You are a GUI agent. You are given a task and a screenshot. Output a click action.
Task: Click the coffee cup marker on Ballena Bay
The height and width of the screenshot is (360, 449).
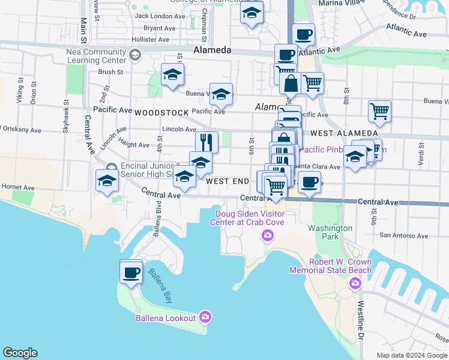(131, 272)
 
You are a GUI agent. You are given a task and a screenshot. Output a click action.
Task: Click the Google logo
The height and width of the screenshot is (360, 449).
(20, 353)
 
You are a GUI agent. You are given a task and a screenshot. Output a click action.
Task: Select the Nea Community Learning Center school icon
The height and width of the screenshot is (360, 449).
(134, 56)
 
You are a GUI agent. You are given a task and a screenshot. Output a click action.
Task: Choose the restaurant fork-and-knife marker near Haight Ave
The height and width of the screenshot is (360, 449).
(206, 142)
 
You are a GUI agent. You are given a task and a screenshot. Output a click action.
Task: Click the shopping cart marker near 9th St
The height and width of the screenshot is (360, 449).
(379, 110)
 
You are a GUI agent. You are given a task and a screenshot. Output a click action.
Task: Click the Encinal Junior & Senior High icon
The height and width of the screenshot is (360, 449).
(110, 167)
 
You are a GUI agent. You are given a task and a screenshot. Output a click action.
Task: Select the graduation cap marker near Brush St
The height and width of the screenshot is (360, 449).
(173, 74)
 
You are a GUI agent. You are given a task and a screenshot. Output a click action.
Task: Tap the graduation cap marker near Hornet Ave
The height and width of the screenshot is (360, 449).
(107, 181)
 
